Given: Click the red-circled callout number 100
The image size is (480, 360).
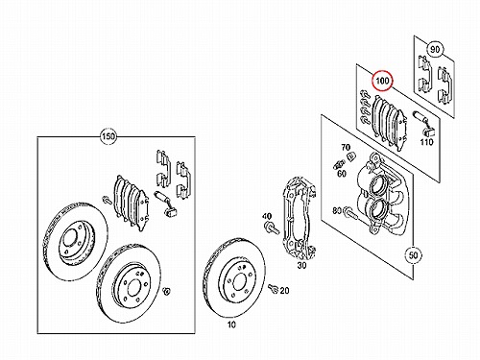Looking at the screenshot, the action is (382, 81).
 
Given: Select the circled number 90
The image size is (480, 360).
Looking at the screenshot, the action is (435, 50).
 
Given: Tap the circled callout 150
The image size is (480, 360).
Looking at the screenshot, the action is (108, 136).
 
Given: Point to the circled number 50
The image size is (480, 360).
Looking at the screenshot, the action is (413, 255).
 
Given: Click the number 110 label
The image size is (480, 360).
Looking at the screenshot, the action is (426, 142).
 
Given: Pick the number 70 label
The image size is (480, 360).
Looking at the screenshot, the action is (346, 147).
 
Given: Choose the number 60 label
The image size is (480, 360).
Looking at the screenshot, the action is (342, 174).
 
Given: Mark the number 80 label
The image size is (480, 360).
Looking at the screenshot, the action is (337, 210).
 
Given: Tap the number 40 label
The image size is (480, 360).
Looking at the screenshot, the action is (267, 217).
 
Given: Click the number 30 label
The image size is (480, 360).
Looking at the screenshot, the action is (301, 265).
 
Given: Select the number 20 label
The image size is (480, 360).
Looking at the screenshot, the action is (284, 291).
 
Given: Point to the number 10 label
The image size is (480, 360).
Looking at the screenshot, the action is (231, 324).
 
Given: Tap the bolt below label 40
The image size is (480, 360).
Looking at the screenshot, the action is (272, 228).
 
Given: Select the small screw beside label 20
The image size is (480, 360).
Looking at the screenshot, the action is (274, 288).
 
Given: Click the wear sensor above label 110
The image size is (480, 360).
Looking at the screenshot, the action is (423, 123).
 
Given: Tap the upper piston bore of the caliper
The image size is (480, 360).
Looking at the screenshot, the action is (377, 185).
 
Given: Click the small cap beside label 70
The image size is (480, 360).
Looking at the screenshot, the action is (350, 156).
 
